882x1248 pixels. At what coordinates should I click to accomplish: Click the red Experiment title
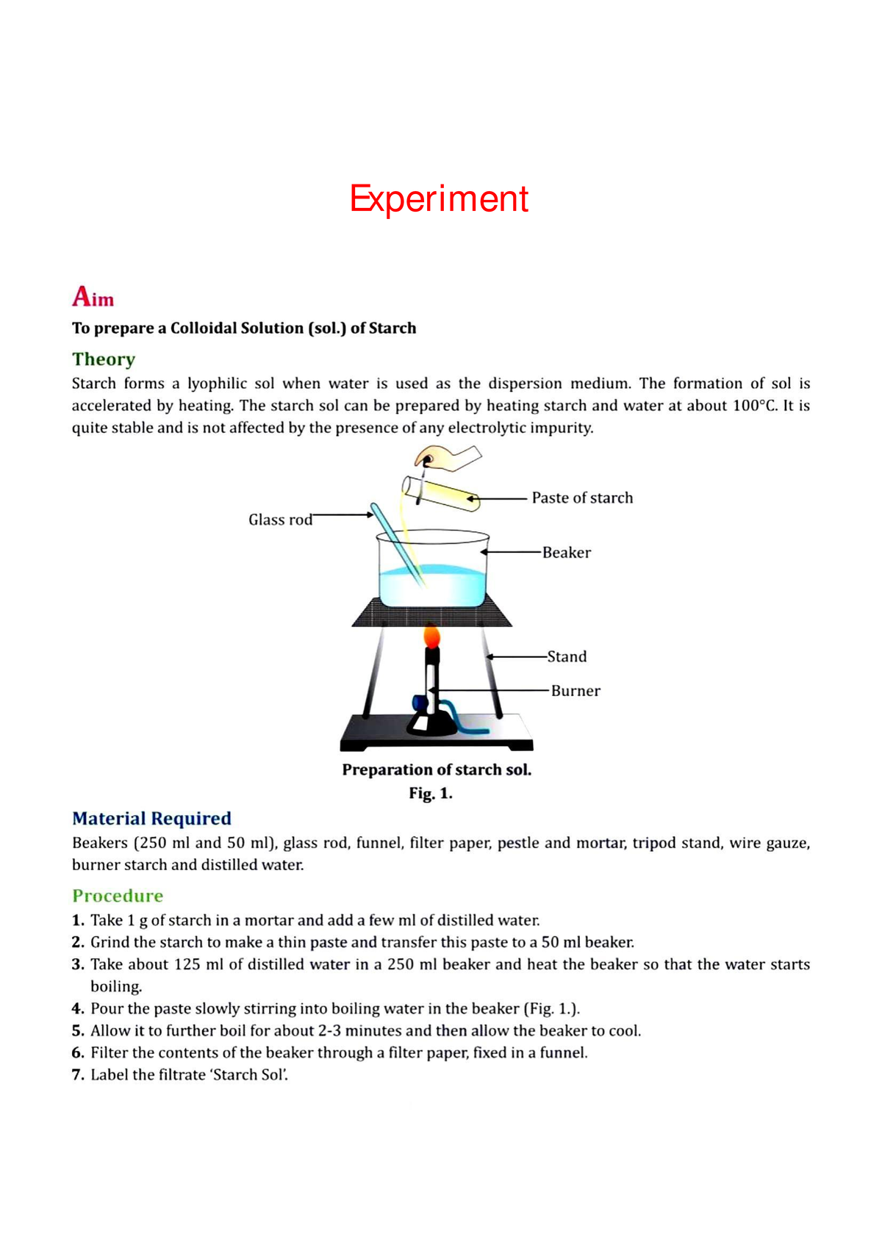click(x=439, y=199)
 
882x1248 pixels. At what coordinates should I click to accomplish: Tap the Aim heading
click(x=93, y=297)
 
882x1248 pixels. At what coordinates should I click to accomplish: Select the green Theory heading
click(x=104, y=359)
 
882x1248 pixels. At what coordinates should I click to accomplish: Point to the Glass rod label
click(x=280, y=520)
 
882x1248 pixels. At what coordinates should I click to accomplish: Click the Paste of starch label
click(x=582, y=498)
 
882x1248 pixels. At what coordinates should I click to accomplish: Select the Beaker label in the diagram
click(x=566, y=553)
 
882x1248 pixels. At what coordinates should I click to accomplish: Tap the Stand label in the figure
click(x=567, y=656)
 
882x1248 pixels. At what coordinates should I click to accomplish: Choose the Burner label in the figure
click(x=576, y=691)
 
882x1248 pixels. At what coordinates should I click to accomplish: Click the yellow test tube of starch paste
click(x=441, y=493)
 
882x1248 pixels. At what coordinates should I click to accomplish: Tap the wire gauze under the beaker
click(x=431, y=613)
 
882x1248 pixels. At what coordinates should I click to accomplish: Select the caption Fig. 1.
click(x=431, y=794)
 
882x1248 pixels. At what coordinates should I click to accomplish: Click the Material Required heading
click(x=151, y=818)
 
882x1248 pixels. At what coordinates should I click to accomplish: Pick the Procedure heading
click(x=118, y=895)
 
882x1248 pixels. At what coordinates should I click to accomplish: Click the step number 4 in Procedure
click(x=77, y=1008)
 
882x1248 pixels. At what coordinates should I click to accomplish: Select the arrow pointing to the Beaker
click(x=512, y=552)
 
